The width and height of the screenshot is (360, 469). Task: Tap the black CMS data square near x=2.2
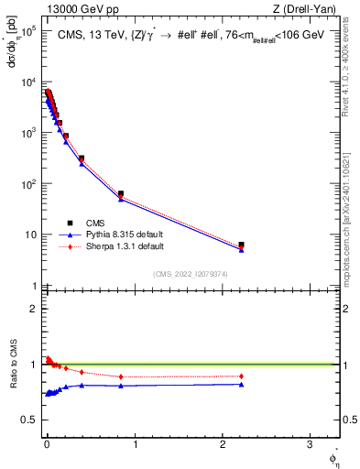click(x=241, y=245)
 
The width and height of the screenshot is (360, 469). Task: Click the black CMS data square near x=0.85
click(x=121, y=194)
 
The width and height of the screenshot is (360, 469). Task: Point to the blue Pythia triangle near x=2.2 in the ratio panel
click(x=241, y=384)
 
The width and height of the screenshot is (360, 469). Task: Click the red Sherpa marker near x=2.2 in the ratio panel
click(x=241, y=376)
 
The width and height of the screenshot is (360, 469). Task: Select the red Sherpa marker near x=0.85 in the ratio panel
click(x=121, y=376)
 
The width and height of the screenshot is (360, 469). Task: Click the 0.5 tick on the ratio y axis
click(x=33, y=420)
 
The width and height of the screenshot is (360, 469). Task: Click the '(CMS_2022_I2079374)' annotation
click(x=191, y=272)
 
